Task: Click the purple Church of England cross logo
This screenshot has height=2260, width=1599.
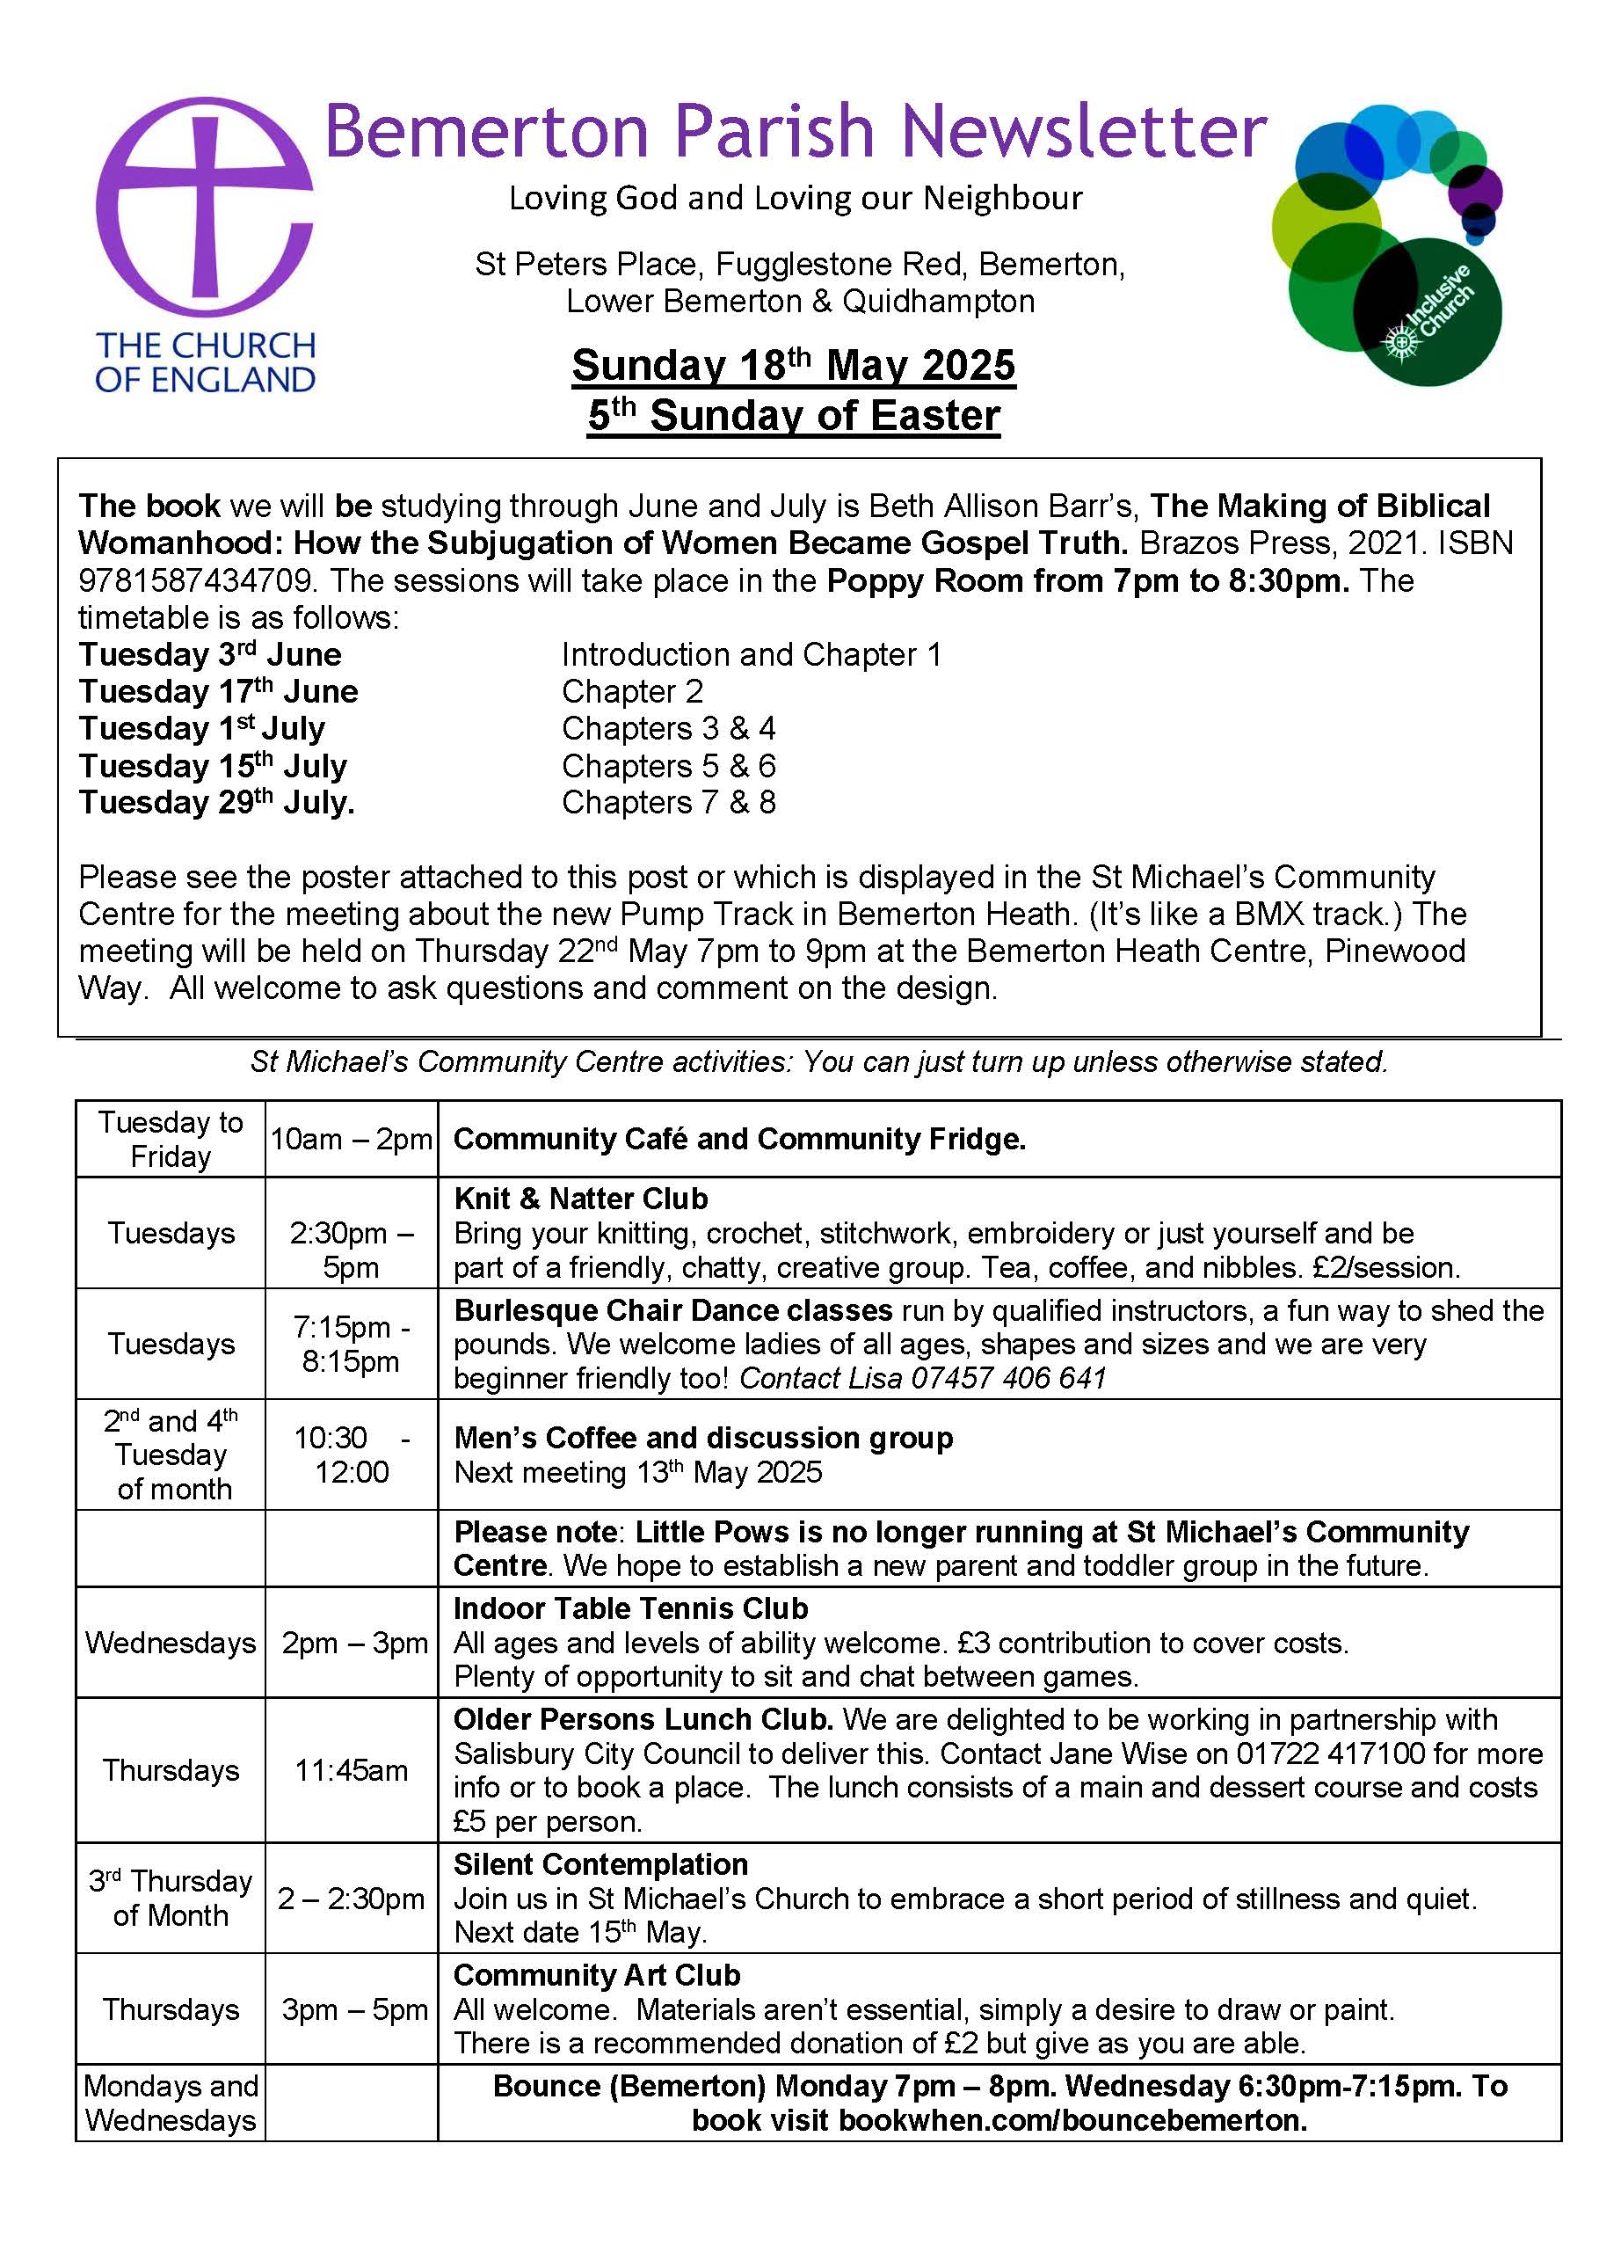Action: pos(205,207)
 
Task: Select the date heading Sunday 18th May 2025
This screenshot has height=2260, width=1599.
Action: pos(793,365)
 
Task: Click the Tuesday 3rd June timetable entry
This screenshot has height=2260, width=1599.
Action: pos(210,655)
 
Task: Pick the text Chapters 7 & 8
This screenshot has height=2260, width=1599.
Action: pos(669,803)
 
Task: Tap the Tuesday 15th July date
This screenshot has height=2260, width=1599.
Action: pos(213,765)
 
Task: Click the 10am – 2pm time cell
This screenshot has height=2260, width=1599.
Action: pos(352,1140)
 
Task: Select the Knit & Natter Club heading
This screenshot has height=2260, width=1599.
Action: pos(581,1199)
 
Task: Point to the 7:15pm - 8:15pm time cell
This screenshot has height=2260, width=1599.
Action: pos(352,1345)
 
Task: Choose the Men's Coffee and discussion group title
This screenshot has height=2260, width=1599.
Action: pos(703,1438)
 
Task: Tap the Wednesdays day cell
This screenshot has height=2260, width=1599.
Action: pos(171,1643)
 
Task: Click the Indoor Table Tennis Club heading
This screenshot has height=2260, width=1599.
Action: pos(630,1608)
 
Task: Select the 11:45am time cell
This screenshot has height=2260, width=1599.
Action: pos(352,1770)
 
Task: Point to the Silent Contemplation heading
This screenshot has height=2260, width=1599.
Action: pos(600,1864)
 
